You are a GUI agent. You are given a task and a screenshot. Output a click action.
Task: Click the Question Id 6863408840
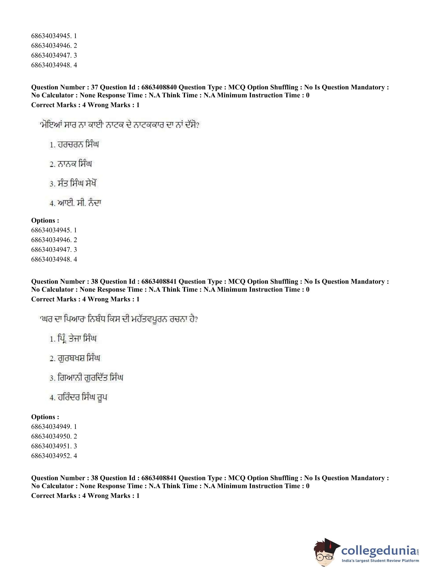[x=159, y=87]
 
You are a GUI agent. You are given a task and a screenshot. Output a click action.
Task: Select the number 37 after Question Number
[x=94, y=87]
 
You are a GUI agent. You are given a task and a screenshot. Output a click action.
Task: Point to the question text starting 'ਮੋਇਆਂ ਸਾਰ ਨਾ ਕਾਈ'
[x=119, y=125]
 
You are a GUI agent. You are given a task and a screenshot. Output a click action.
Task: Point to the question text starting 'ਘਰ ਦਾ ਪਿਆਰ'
[x=119, y=319]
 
